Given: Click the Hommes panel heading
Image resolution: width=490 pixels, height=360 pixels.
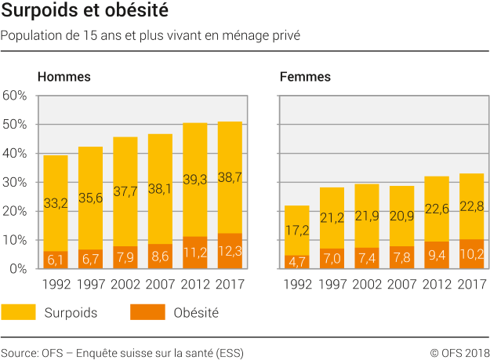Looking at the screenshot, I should click(x=64, y=77).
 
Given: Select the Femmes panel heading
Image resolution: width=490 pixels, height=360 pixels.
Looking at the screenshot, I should click(x=305, y=77).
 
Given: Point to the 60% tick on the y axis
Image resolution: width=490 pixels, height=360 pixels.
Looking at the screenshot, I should click(x=16, y=96).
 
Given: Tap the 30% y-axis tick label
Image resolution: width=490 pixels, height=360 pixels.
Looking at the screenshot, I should click(x=16, y=182).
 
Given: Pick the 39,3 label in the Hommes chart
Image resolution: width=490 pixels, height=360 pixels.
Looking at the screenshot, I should click(x=194, y=180).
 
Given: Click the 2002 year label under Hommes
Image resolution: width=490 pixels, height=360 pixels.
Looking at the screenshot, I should click(x=125, y=283).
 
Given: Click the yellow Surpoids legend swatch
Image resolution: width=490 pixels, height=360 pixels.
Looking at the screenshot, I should click(x=18, y=312).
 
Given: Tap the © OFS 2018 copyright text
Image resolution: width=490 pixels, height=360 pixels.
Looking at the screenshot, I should click(x=459, y=352).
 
